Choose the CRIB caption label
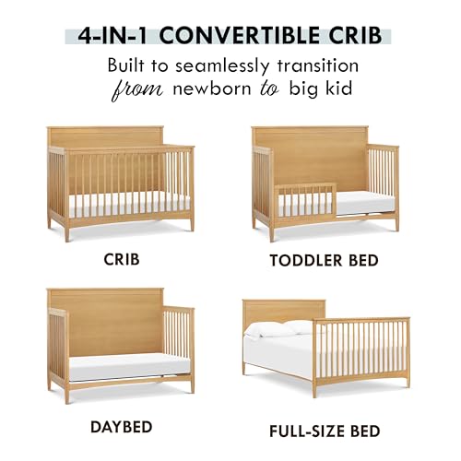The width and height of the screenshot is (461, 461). [122, 260]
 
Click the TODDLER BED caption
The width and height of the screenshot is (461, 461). [324, 260]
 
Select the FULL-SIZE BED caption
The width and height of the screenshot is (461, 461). [324, 430]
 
